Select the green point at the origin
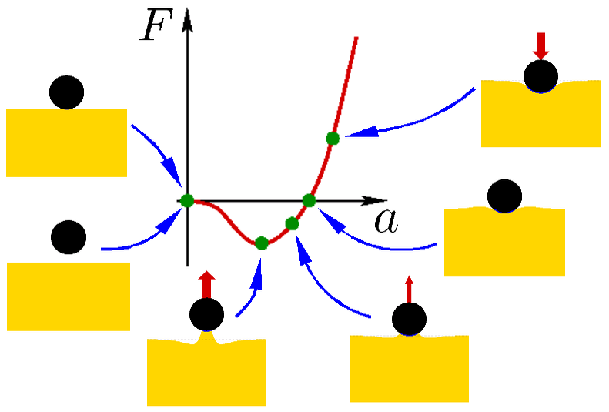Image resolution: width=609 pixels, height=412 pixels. (x=187, y=200)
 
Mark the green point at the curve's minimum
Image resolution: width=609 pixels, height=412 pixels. (x=261, y=243)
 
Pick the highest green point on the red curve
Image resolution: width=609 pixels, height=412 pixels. (x=333, y=139)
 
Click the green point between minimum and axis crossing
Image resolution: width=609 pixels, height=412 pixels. (x=292, y=224)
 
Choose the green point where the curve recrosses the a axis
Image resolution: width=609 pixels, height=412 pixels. (x=309, y=200)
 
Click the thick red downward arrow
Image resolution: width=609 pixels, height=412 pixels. (x=541, y=45)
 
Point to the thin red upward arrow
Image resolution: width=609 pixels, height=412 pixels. (x=409, y=290)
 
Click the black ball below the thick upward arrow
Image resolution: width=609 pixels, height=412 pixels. (x=206, y=313)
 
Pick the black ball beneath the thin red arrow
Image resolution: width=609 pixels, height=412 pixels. (x=408, y=320)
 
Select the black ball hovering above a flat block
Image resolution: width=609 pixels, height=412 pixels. (x=69, y=236)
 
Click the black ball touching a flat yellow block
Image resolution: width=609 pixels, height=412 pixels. (x=66, y=92)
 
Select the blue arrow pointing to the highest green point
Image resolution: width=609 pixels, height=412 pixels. (x=408, y=123)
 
